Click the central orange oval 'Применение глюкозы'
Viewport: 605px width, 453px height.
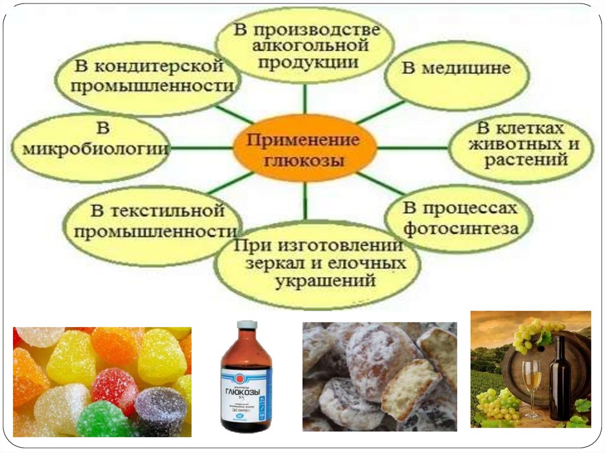[305, 148]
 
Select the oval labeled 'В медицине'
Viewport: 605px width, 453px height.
[456, 71]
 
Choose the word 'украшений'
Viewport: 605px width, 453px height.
[325, 281]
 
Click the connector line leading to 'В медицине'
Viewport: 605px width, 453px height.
[381, 112]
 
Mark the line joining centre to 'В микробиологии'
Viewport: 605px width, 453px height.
[201, 148]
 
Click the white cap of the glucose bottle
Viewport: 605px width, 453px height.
[247, 325]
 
